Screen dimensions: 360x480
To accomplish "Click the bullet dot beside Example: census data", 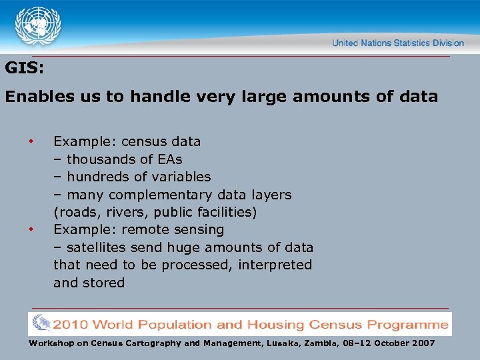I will pos(30,141).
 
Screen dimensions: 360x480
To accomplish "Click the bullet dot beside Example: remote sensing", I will pos(30,229).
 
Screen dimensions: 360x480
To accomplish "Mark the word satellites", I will pos(96,247).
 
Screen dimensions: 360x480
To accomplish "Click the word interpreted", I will pos(273,265).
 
